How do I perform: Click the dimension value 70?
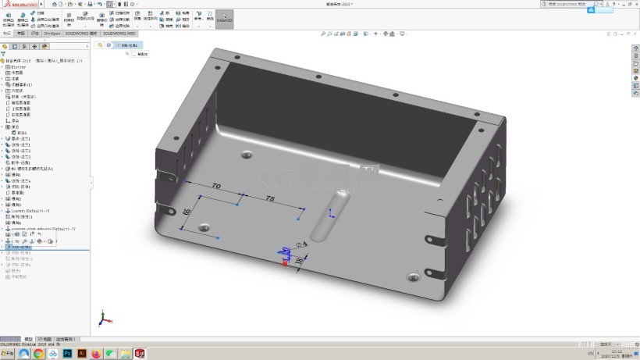(216, 186)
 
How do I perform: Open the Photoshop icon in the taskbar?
(67, 354)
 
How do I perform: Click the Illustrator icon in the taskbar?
(81, 354)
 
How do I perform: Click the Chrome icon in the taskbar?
(38, 354)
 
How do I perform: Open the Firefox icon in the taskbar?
(96, 354)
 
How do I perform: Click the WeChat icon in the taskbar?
(110, 354)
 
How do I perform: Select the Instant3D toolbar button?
(224, 19)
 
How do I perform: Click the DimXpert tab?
(52, 34)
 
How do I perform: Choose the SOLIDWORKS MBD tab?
(119, 34)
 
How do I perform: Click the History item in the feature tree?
(17, 67)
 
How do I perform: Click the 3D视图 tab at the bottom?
(44, 339)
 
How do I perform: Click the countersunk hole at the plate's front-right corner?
(414, 276)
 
